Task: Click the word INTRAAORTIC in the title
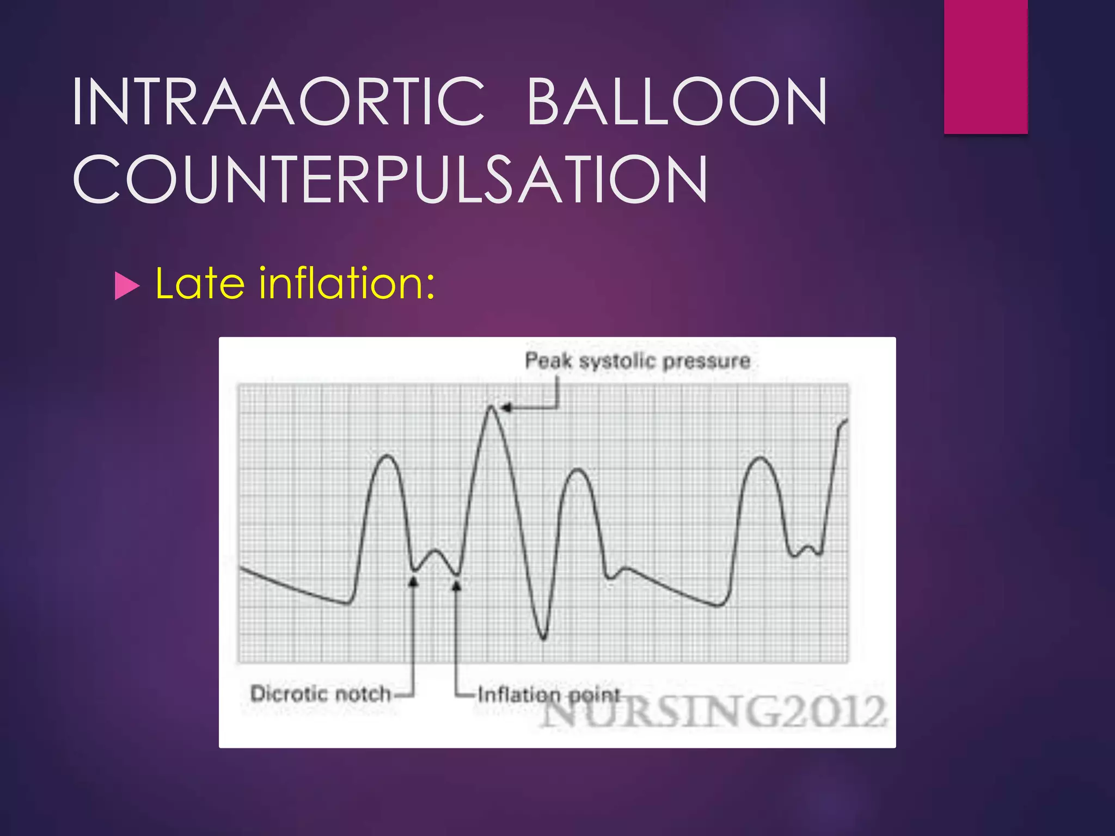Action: click(278, 102)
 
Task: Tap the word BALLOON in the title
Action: click(677, 102)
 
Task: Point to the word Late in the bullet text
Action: click(200, 284)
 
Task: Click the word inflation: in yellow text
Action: click(347, 284)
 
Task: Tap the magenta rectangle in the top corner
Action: click(985, 66)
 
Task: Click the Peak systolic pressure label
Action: click(638, 361)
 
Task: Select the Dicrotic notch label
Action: click(321, 694)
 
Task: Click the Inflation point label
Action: click(549, 694)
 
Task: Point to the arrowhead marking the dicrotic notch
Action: click(413, 582)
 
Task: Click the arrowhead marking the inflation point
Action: click(457, 585)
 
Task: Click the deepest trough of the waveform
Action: click(543, 638)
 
